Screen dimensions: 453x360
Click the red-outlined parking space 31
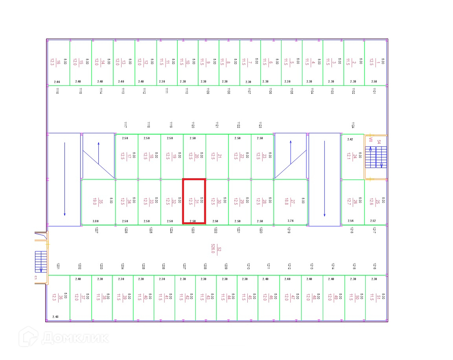pos(194,201)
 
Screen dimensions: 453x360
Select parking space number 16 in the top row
pos(58,62)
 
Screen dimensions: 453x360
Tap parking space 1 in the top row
pos(376,62)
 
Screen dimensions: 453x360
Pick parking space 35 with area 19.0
pos(98,202)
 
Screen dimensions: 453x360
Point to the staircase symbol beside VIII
pos(376,157)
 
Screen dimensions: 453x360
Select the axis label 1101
pos(374,91)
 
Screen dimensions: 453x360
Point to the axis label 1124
pos(353,125)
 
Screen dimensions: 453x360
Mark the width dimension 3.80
pos(96,221)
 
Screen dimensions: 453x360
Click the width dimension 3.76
pos(291,221)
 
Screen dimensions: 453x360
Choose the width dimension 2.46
pos(57,82)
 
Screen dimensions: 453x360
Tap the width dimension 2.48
pos(55,317)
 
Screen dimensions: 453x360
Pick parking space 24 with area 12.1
pos(352,157)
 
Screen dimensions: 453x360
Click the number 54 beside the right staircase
pos(379,142)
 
